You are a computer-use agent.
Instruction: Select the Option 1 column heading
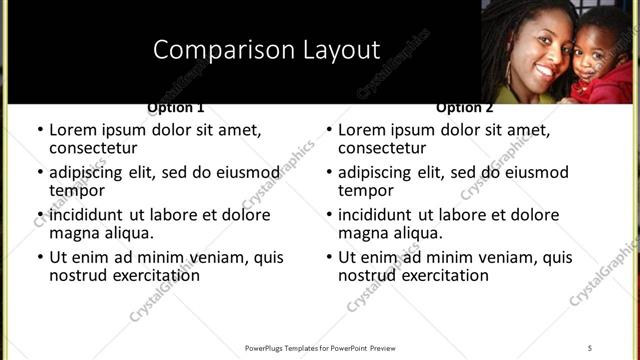[x=176, y=107]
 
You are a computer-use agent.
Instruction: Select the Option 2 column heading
[x=465, y=107]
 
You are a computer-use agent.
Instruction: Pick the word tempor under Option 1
[x=78, y=190]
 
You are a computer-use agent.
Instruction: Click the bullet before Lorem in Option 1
[x=40, y=130]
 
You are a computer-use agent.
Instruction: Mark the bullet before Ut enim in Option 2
[x=329, y=257]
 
